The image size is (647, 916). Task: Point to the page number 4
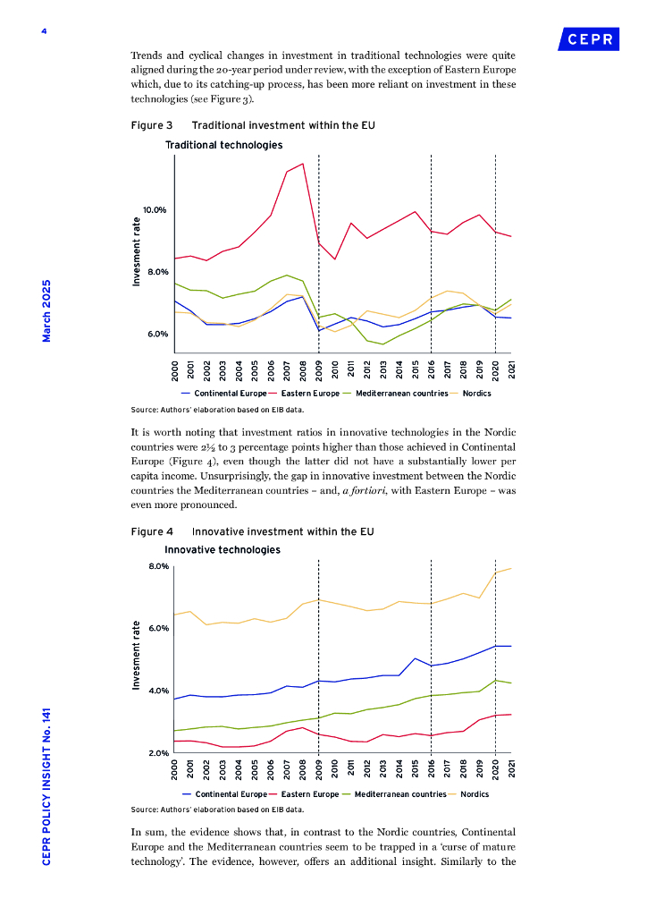tap(43, 32)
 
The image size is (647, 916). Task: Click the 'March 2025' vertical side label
tap(46, 310)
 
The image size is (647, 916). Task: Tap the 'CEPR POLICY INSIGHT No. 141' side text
tap(46, 785)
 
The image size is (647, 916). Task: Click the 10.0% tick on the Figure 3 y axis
tap(155, 210)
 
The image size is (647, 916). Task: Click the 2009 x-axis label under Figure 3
tap(319, 369)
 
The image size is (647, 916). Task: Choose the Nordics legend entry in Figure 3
tap(475, 394)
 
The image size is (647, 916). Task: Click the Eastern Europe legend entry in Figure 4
tap(309, 794)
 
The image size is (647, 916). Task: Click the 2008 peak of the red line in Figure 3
tap(303, 164)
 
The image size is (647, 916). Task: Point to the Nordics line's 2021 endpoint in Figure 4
tap(511, 568)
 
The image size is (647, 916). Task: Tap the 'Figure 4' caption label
tap(152, 531)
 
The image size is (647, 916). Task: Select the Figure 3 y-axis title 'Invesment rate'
tap(137, 252)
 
